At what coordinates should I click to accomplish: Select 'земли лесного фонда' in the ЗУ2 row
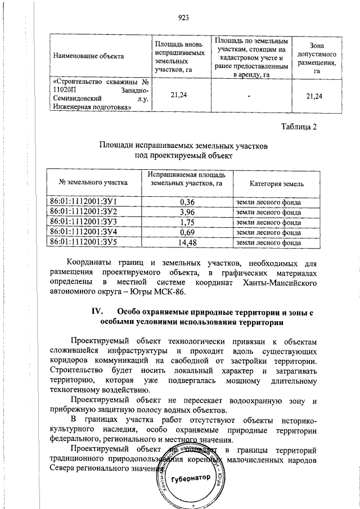point(269,212)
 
